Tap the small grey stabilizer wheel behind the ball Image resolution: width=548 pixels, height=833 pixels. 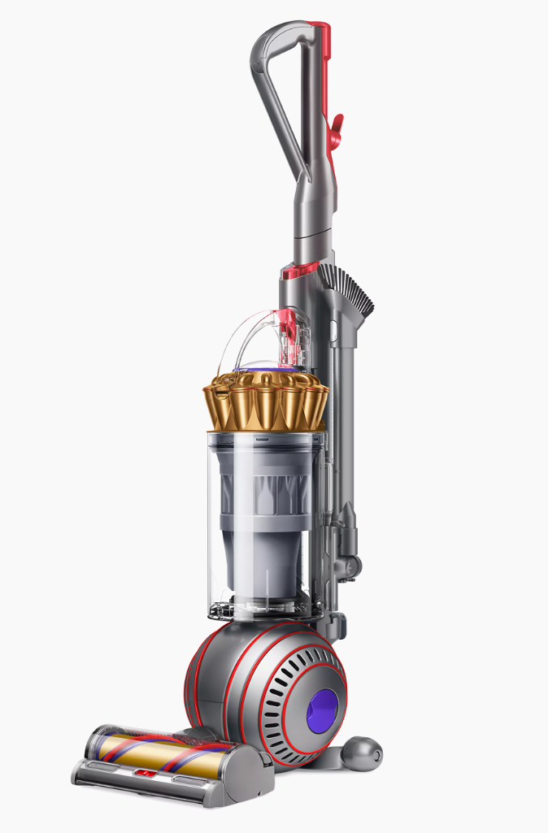(361, 751)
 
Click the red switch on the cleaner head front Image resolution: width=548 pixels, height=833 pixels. (147, 773)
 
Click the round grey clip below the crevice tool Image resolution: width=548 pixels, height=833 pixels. (350, 561)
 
